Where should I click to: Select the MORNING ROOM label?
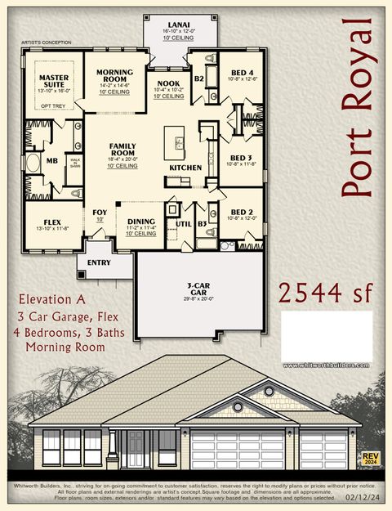tap(114, 77)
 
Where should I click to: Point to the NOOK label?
tap(168, 83)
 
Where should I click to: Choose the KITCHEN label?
tap(185, 167)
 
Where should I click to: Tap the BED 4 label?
tap(243, 73)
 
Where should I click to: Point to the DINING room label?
tap(141, 221)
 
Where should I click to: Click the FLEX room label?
tap(51, 222)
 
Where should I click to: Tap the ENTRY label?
tap(99, 262)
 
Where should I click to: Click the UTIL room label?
tap(182, 222)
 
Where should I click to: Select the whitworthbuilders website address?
tap(326, 365)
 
